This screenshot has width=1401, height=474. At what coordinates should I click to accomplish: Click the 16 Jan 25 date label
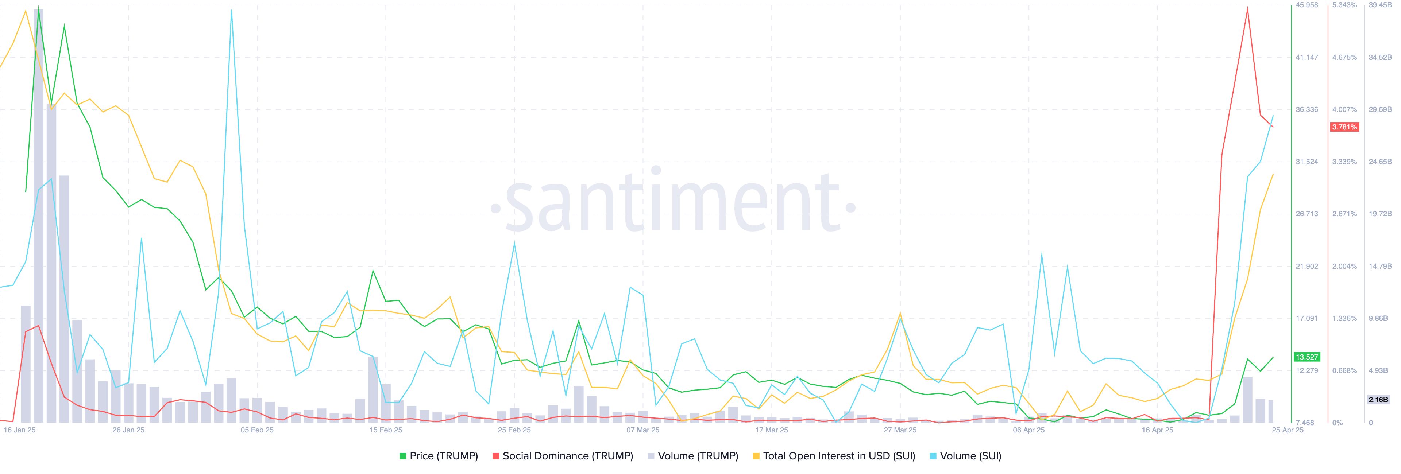tap(20, 430)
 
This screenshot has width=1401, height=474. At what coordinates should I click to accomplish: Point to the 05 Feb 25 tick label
tap(257, 430)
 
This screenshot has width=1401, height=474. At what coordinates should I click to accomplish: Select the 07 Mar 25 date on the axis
tap(643, 430)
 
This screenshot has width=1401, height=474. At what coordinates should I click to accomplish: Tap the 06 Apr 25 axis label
tap(1028, 430)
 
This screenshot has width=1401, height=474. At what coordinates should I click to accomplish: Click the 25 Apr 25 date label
tap(1287, 430)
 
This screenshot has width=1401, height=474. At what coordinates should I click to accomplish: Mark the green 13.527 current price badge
tap(1307, 357)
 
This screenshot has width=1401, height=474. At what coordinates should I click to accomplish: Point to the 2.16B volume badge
tap(1378, 400)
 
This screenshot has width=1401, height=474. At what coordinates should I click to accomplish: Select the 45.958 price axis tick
tap(1307, 5)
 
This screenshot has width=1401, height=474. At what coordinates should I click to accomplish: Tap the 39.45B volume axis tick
tap(1380, 5)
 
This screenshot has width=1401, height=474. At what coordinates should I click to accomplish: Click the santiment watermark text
tap(673, 204)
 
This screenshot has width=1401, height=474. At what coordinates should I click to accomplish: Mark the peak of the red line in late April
tap(1247, 8)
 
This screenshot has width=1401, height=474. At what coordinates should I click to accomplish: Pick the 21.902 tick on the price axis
tap(1307, 267)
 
